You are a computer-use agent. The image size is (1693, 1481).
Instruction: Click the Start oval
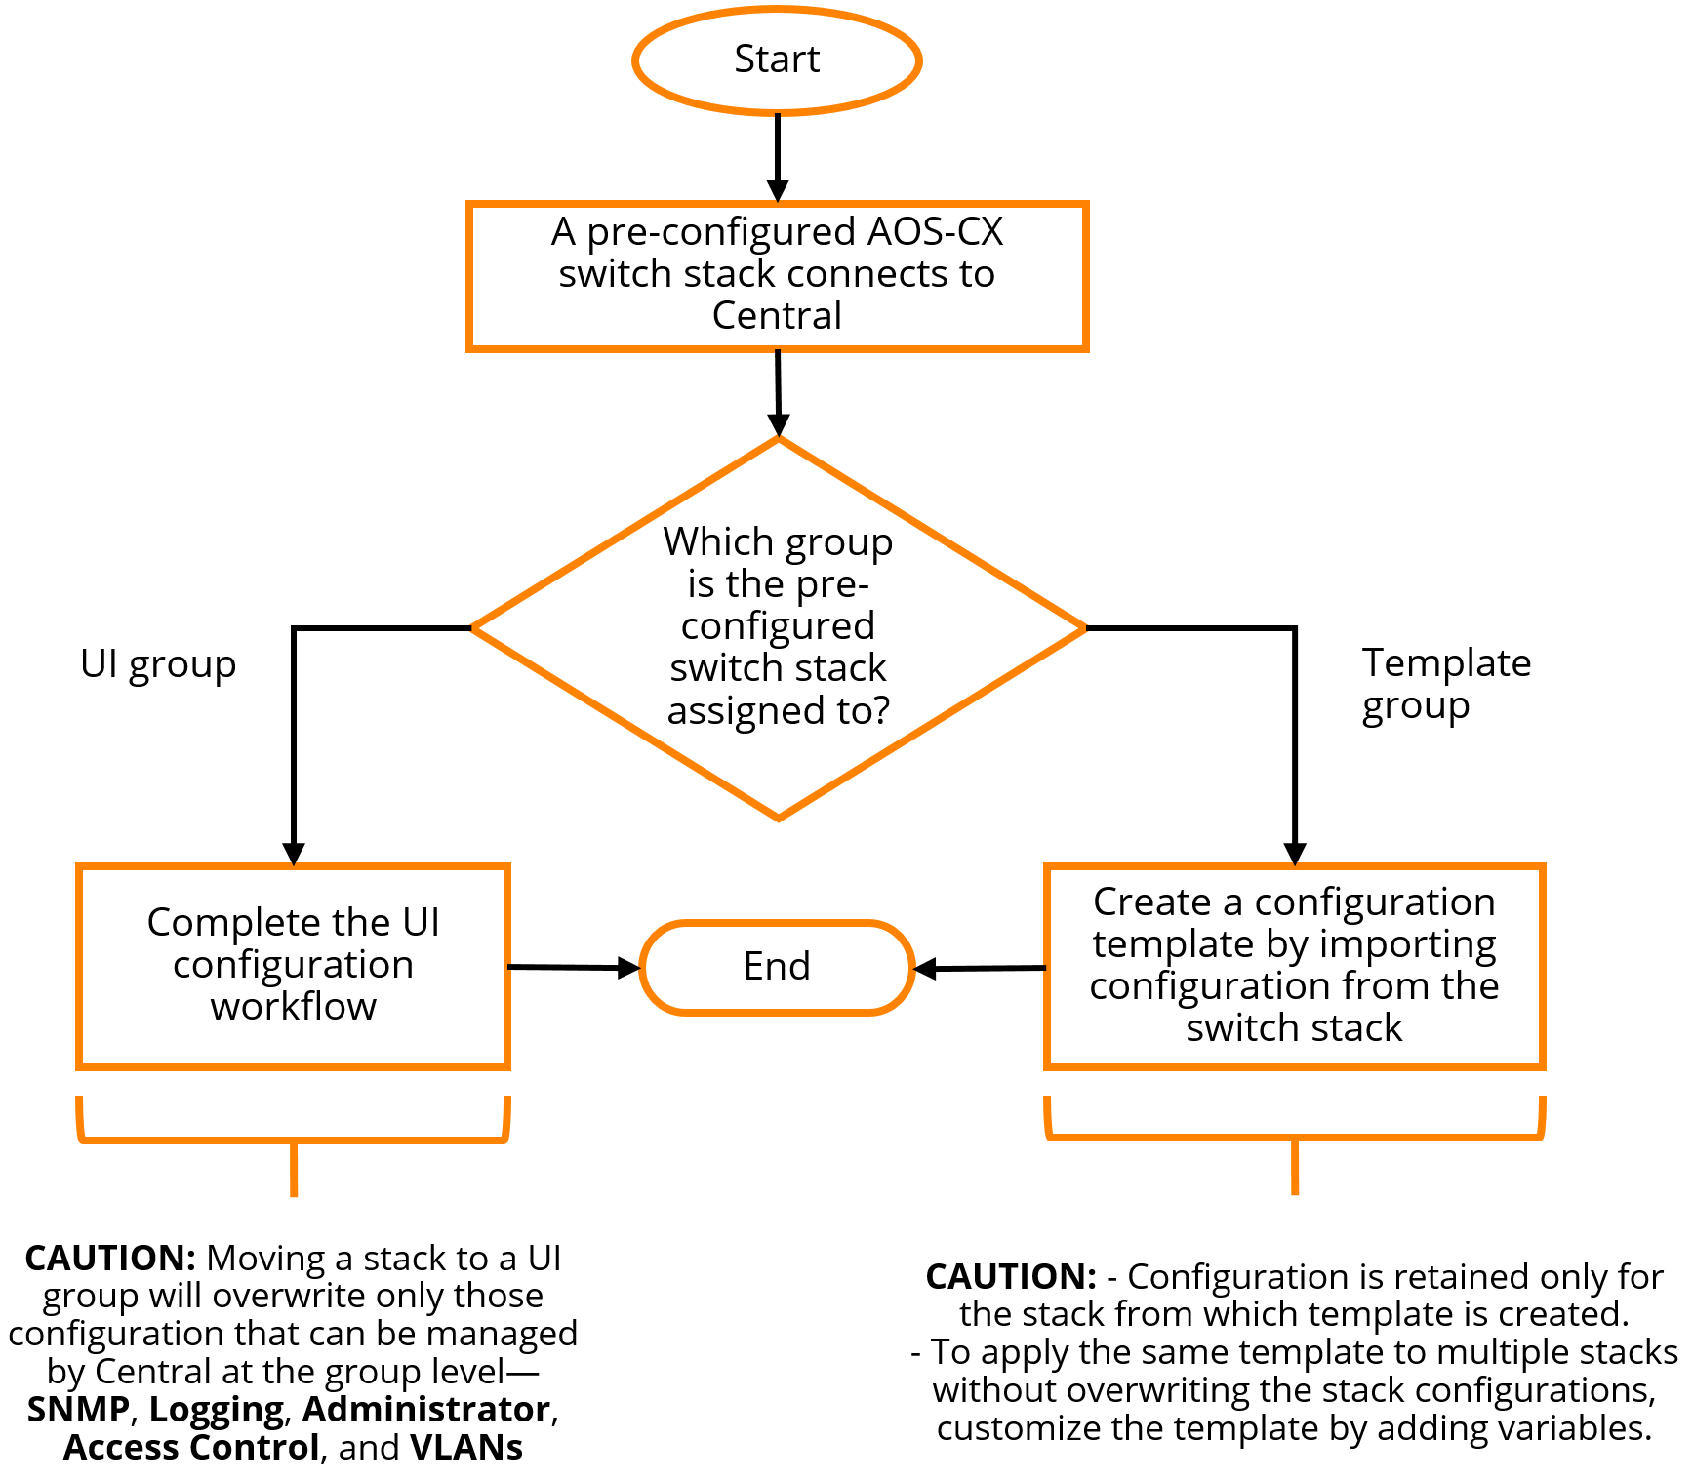(777, 60)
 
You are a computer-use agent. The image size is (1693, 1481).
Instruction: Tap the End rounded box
(777, 967)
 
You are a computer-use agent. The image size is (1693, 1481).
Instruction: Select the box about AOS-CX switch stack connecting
(777, 275)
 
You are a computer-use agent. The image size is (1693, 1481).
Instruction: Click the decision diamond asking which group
(778, 627)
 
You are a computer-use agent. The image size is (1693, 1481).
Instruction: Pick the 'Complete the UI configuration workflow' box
(293, 965)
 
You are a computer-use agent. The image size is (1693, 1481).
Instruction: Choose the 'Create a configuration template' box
(1294, 965)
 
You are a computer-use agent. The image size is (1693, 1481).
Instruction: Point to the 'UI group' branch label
(158, 664)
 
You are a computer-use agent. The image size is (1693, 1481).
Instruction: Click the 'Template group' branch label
(1445, 683)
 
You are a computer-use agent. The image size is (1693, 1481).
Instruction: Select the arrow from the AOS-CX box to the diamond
(778, 390)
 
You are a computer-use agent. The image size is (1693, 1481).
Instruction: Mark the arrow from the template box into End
(980, 968)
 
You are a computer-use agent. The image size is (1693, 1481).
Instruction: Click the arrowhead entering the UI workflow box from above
(294, 854)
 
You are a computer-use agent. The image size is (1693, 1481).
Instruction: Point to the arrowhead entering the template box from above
(1295, 854)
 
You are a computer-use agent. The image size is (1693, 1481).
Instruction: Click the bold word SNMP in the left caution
(78, 1409)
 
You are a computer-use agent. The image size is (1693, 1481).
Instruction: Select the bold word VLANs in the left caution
(466, 1447)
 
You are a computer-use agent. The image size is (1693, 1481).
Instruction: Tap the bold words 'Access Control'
(191, 1447)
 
